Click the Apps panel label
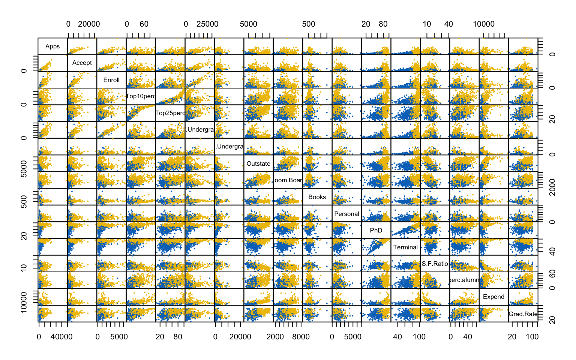(52, 46)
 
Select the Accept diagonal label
(82, 63)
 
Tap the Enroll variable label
(111, 80)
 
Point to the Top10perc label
(141, 96)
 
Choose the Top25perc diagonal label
(170, 113)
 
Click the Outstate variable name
(258, 163)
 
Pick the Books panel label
(317, 197)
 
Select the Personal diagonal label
(346, 214)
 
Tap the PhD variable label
(376, 230)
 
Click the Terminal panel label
(405, 247)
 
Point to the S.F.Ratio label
(435, 264)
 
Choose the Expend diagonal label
(493, 297)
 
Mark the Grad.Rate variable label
(523, 314)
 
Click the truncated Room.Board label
(288, 180)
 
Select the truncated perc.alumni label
(464, 280)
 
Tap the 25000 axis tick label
(207, 24)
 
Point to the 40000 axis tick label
(61, 337)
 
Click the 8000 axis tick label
(301, 337)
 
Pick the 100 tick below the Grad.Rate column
(532, 337)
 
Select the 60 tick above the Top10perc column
(144, 24)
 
